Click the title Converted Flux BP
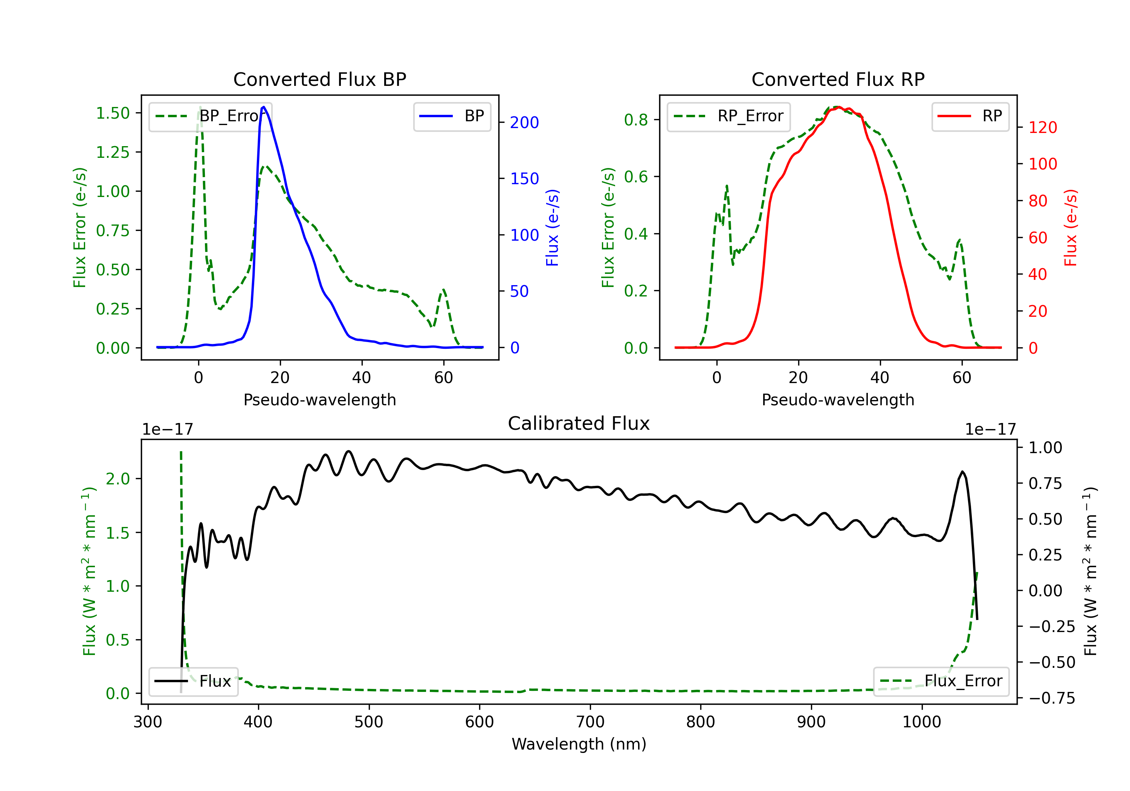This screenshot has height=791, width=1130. tap(319, 79)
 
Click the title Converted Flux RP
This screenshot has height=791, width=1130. tap(838, 79)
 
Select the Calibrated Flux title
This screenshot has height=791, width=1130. tap(579, 423)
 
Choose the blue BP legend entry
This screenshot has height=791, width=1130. tap(452, 116)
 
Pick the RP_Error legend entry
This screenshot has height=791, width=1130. tap(728, 116)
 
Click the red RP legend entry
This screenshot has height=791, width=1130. tap(970, 116)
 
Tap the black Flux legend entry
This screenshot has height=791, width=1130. tap(193, 681)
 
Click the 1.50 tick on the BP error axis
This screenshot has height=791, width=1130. tap(113, 113)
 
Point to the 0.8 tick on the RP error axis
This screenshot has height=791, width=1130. tap(636, 120)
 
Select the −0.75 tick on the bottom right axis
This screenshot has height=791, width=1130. tap(1052, 698)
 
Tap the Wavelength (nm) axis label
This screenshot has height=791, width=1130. tap(579, 744)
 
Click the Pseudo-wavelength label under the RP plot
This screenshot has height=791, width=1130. tap(838, 400)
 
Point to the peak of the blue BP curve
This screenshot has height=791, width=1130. tap(264, 107)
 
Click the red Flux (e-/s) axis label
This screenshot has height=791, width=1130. tap(1070, 228)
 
